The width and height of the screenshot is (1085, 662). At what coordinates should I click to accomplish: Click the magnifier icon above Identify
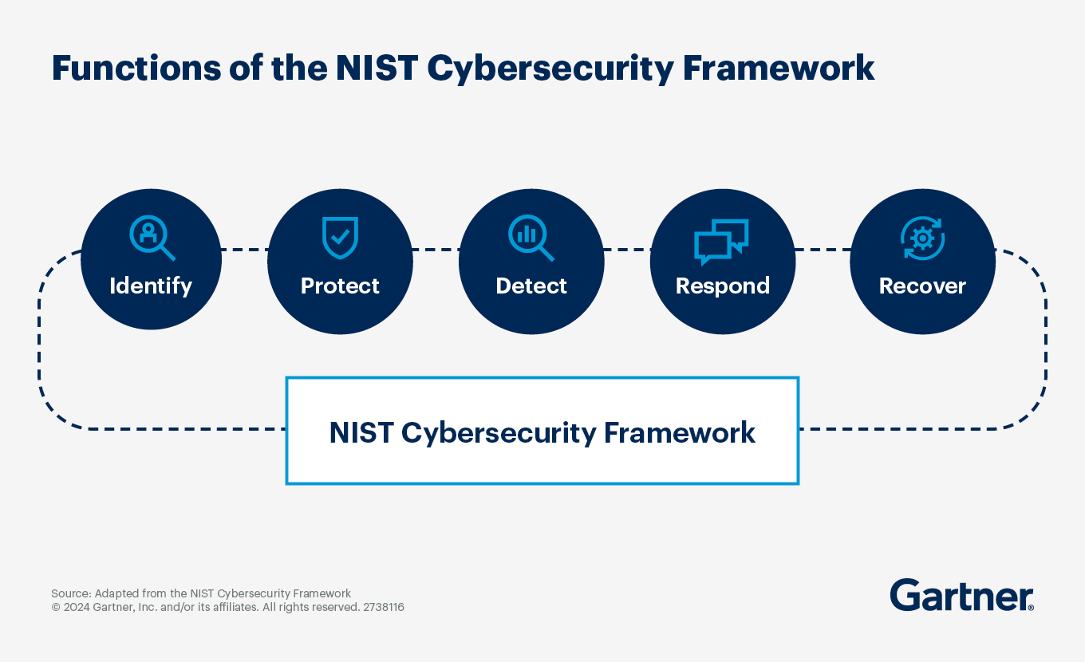tap(152, 238)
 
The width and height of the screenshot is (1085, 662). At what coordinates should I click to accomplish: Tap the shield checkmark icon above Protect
tap(340, 238)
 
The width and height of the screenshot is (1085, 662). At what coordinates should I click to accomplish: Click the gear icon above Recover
tap(922, 238)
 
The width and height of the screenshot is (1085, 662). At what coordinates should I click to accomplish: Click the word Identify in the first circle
tap(151, 286)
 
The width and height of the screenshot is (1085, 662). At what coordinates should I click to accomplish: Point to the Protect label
tap(340, 286)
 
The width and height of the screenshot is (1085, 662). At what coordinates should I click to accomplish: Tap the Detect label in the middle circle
tap(531, 286)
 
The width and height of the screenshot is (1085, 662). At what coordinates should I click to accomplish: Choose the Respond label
tap(723, 286)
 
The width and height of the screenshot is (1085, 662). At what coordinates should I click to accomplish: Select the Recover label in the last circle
tap(922, 286)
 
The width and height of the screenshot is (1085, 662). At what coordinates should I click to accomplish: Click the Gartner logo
tap(961, 596)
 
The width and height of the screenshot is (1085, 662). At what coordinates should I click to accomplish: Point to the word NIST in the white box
tap(361, 432)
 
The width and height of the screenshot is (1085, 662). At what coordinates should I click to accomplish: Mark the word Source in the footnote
tap(70, 593)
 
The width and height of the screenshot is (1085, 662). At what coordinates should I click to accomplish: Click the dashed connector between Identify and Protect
tap(244, 250)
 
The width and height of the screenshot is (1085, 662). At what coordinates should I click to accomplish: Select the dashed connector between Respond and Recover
tap(823, 250)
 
